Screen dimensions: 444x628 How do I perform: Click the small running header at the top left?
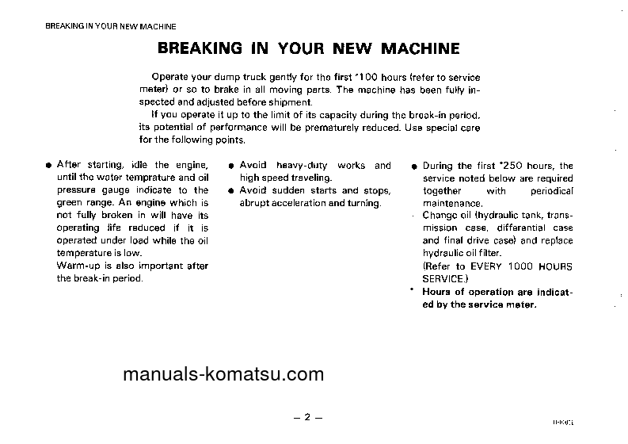tap(110, 26)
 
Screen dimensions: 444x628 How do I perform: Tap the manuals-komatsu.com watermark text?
tap(223, 375)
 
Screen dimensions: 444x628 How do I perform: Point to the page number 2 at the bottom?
tap(308, 417)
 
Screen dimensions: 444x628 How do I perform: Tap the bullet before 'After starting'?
tap(48, 166)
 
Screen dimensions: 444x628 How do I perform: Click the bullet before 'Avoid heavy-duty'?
tap(230, 166)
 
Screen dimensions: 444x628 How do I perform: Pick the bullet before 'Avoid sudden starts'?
tap(230, 191)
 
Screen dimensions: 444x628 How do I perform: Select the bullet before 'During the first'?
tap(414, 166)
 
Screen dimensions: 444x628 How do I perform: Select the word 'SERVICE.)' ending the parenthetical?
tap(445, 279)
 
